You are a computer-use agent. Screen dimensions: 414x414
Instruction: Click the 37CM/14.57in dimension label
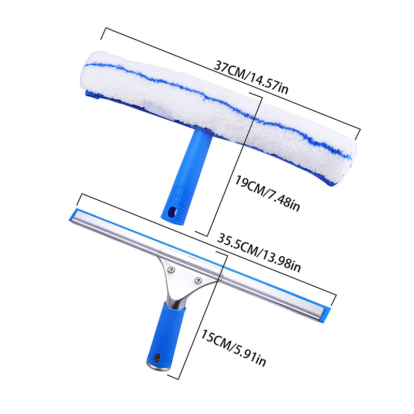click(x=251, y=77)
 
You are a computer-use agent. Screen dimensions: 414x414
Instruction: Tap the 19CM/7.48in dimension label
click(x=268, y=194)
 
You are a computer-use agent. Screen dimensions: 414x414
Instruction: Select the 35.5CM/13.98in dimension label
click(x=259, y=253)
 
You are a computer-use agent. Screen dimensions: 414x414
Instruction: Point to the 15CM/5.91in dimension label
click(x=233, y=348)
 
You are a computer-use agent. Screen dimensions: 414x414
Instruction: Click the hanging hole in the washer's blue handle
click(x=172, y=212)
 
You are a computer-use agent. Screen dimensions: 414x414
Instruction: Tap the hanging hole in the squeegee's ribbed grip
click(x=157, y=358)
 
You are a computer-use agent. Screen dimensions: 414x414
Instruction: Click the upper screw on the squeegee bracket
click(x=172, y=269)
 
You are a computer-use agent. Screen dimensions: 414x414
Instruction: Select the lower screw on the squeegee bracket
click(x=198, y=280)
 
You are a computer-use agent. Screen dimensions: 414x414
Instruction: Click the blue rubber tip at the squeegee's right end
click(x=327, y=315)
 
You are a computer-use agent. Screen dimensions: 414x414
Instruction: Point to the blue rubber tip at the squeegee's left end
click(x=73, y=215)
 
